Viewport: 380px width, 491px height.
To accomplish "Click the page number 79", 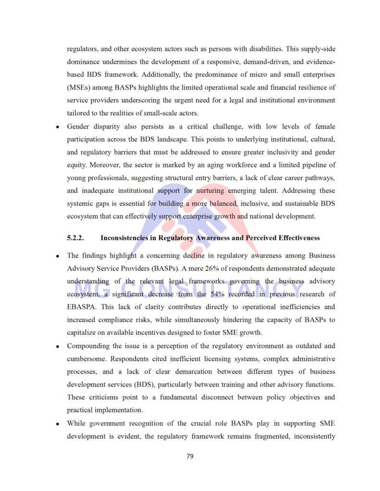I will point(190,456).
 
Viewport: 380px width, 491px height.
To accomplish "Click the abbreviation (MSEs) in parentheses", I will point(79,87).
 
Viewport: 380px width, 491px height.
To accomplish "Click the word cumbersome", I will point(85,359).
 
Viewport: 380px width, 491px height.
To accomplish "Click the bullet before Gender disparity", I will point(57,127).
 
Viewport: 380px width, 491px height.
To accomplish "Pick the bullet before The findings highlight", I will point(57,256).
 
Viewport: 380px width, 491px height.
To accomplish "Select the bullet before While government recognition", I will point(57,424).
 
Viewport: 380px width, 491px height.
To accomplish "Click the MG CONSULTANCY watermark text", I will point(189,289).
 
